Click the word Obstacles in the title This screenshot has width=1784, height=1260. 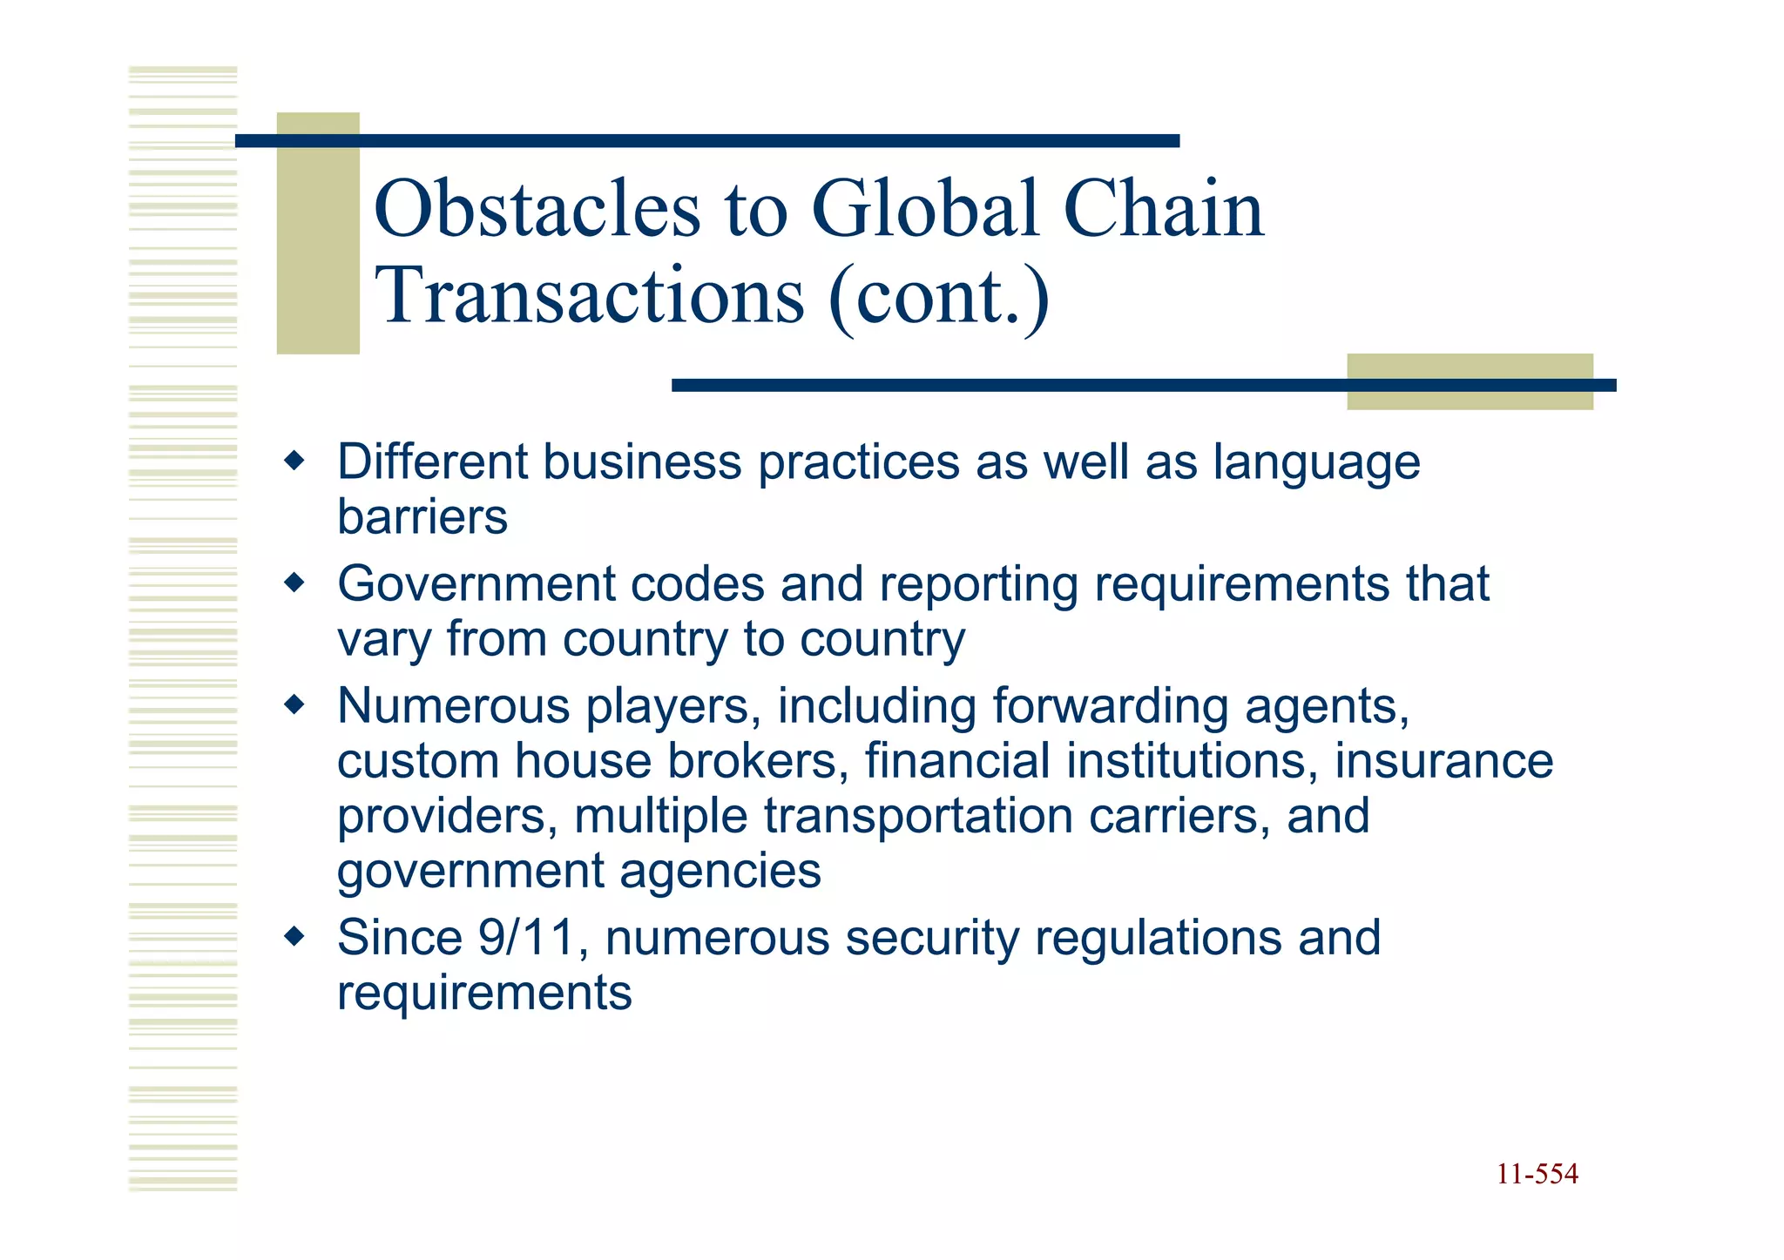coord(537,209)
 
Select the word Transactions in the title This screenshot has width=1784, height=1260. coord(589,296)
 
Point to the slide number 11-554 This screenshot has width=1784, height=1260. coord(1537,1174)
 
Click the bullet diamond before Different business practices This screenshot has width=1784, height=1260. coord(295,461)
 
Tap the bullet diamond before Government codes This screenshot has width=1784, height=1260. coord(295,583)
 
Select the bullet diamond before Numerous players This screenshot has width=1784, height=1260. coord(295,704)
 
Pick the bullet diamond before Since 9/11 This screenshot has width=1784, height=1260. coord(295,937)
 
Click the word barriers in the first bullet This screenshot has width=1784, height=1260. coord(422,517)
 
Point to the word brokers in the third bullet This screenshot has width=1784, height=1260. coord(757,761)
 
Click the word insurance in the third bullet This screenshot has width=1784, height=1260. coord(1443,761)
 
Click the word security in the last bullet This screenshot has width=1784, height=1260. coord(931,940)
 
